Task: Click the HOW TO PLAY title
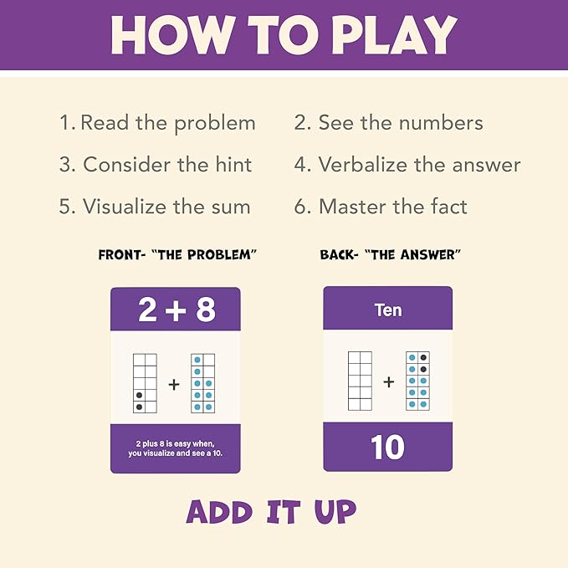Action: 284,34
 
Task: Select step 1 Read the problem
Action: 157,123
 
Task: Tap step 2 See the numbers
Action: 388,123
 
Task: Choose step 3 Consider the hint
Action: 156,165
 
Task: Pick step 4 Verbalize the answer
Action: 407,165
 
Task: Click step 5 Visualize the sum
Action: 155,206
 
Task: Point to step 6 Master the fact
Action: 381,206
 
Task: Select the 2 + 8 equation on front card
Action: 176,310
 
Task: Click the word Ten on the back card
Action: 387,310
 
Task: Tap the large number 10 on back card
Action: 387,448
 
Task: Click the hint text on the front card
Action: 176,448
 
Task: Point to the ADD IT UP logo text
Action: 271,511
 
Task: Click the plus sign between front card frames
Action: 174,384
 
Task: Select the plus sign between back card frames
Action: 388,382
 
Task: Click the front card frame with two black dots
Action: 145,383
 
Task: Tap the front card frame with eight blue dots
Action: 202,383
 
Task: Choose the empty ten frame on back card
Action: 360,381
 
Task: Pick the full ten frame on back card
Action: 417,381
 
